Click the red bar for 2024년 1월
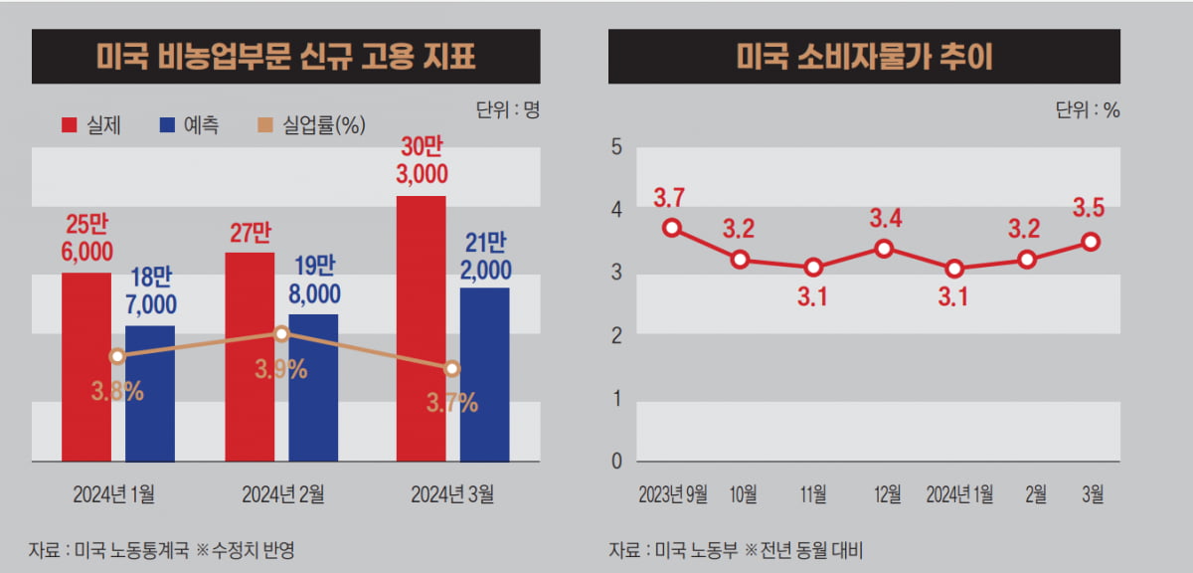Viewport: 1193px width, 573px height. click(x=86, y=367)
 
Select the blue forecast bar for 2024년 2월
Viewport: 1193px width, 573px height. click(x=313, y=388)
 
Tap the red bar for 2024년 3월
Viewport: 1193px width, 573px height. click(x=422, y=328)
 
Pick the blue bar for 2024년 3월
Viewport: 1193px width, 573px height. click(x=484, y=375)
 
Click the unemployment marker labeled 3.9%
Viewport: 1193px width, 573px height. click(x=281, y=334)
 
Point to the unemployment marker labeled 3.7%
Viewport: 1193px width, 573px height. click(x=452, y=368)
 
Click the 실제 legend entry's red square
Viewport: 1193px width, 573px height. click(x=70, y=124)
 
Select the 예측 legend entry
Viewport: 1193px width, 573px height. click(x=188, y=124)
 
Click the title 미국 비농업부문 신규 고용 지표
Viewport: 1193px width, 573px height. click(x=286, y=57)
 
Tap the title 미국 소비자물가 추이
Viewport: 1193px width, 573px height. click(x=865, y=57)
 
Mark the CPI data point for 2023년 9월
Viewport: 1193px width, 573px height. click(x=672, y=228)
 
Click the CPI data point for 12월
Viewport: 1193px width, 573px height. click(x=884, y=248)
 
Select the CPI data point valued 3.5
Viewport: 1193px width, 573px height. click(x=1091, y=241)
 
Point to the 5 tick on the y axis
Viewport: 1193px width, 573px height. click(x=616, y=147)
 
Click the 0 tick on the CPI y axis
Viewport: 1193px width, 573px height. click(x=616, y=462)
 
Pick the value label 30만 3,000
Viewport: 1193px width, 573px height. click(x=423, y=161)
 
